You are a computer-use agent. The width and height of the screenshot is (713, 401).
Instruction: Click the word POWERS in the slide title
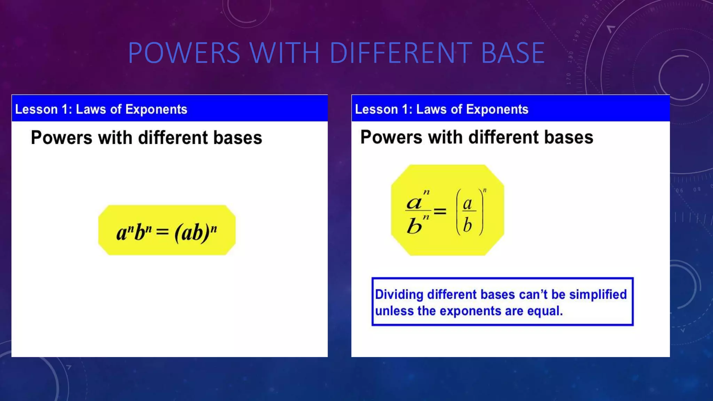pos(184,53)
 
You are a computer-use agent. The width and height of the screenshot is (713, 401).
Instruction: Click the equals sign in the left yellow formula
pos(162,231)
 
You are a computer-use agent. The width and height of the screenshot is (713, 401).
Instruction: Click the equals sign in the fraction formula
pos(440,211)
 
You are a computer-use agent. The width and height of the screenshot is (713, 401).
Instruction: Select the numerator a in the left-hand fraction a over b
pos(414,203)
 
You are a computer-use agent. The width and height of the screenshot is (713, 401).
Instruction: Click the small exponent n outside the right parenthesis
pos(485,190)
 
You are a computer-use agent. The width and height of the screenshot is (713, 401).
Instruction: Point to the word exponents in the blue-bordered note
pos(470,311)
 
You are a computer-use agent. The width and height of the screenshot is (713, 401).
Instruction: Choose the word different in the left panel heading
pos(173,137)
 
